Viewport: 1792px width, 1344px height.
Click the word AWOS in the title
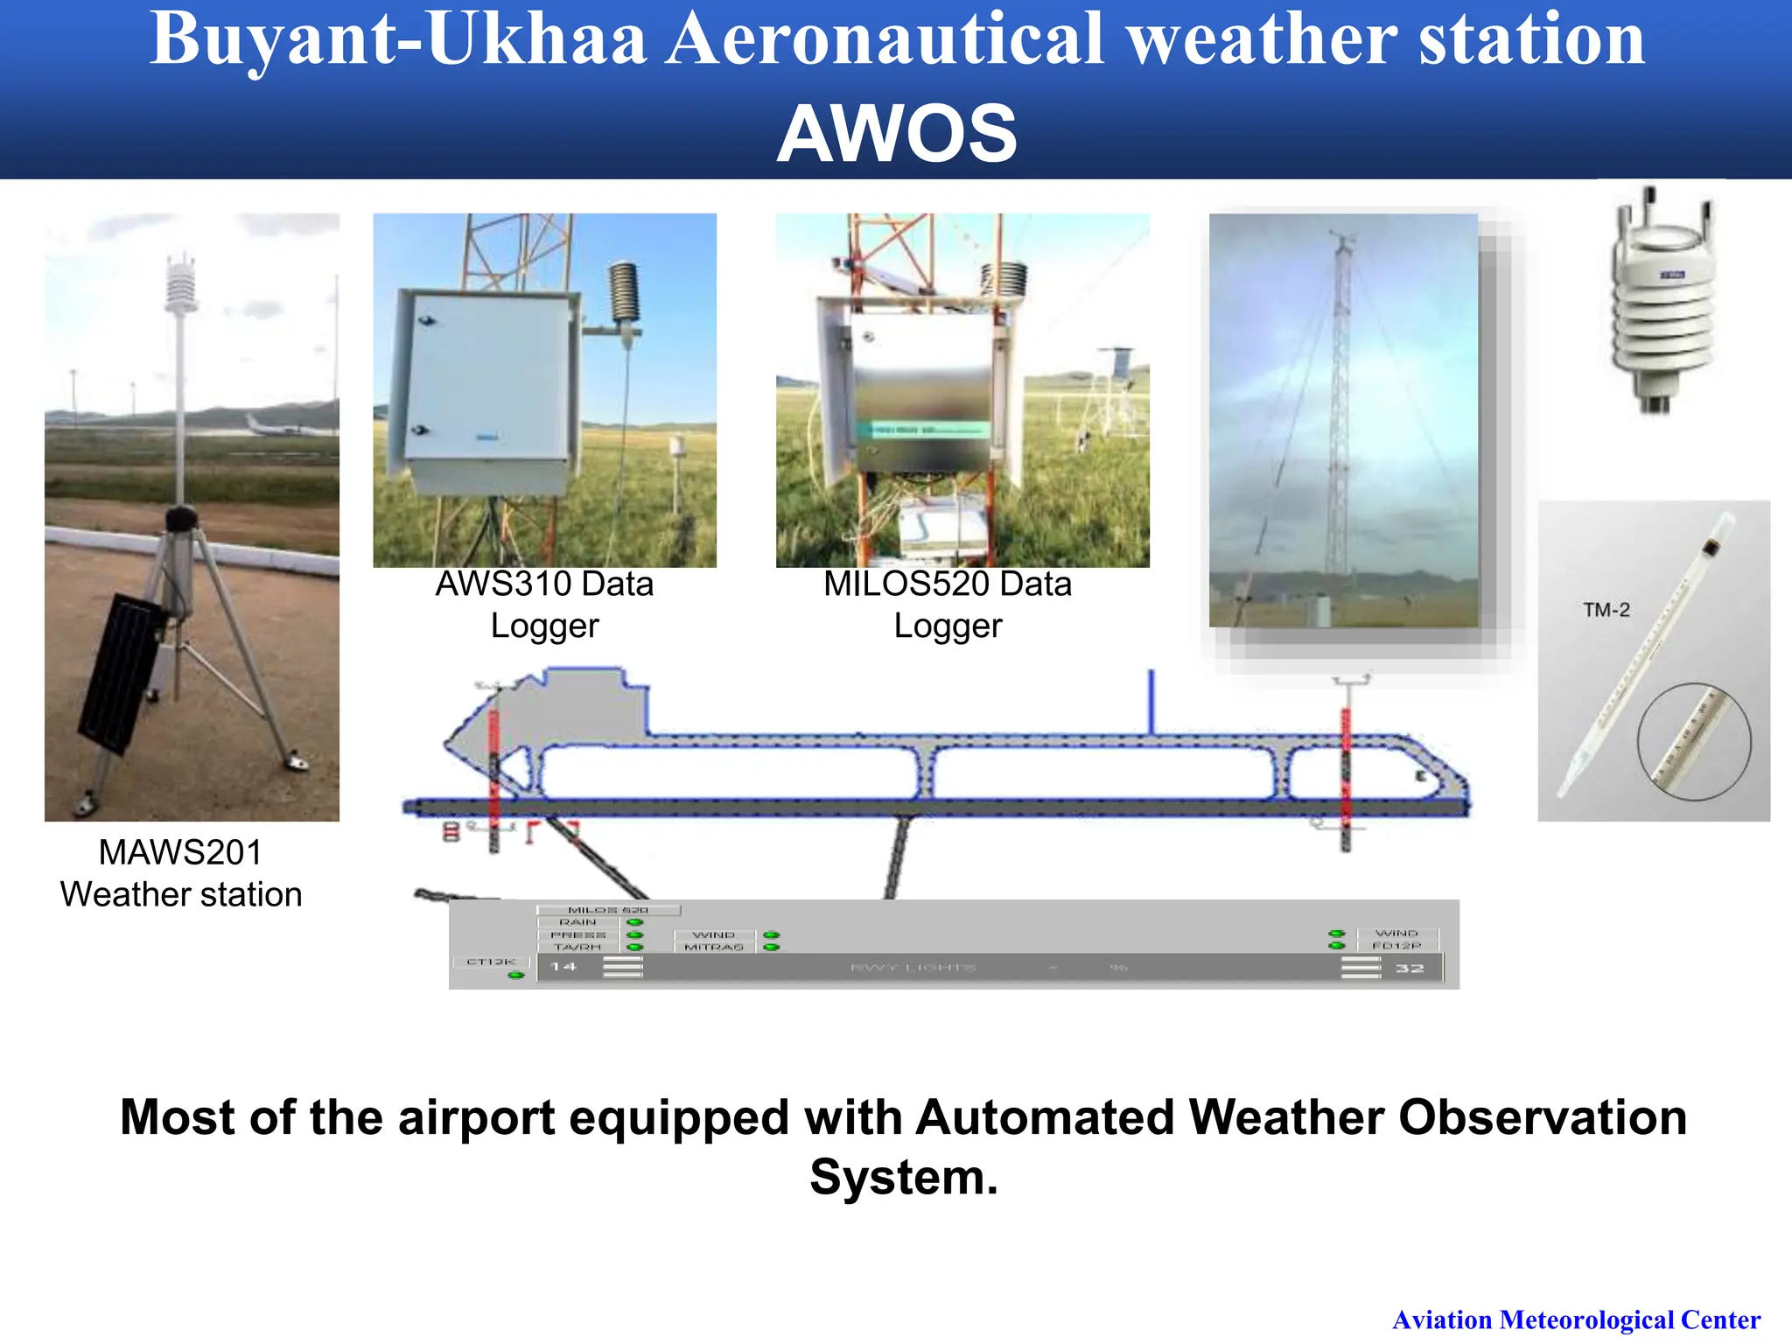click(x=897, y=134)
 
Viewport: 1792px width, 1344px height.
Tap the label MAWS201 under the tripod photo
click(x=180, y=852)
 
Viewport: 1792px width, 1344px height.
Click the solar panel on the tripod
click(x=122, y=674)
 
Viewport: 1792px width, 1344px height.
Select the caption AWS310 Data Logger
click(x=544, y=605)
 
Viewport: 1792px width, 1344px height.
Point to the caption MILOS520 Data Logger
click(x=948, y=605)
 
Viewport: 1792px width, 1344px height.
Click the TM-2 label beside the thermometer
click(x=1606, y=610)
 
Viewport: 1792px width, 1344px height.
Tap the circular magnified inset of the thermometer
click(x=1694, y=741)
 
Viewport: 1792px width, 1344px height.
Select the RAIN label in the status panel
click(x=577, y=922)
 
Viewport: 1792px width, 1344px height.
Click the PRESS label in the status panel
click(x=577, y=934)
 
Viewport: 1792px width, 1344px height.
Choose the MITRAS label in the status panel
click(x=714, y=947)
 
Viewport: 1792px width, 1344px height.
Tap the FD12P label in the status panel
click(x=1396, y=946)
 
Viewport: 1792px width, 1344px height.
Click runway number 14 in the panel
click(x=563, y=967)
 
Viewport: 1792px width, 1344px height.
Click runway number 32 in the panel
click(x=1409, y=968)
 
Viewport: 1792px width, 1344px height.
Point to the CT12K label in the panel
click(x=491, y=962)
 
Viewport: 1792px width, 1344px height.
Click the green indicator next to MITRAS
click(x=771, y=947)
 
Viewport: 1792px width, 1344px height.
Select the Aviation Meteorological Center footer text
click(x=1576, y=1319)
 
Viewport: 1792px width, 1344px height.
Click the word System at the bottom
click(x=903, y=1177)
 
